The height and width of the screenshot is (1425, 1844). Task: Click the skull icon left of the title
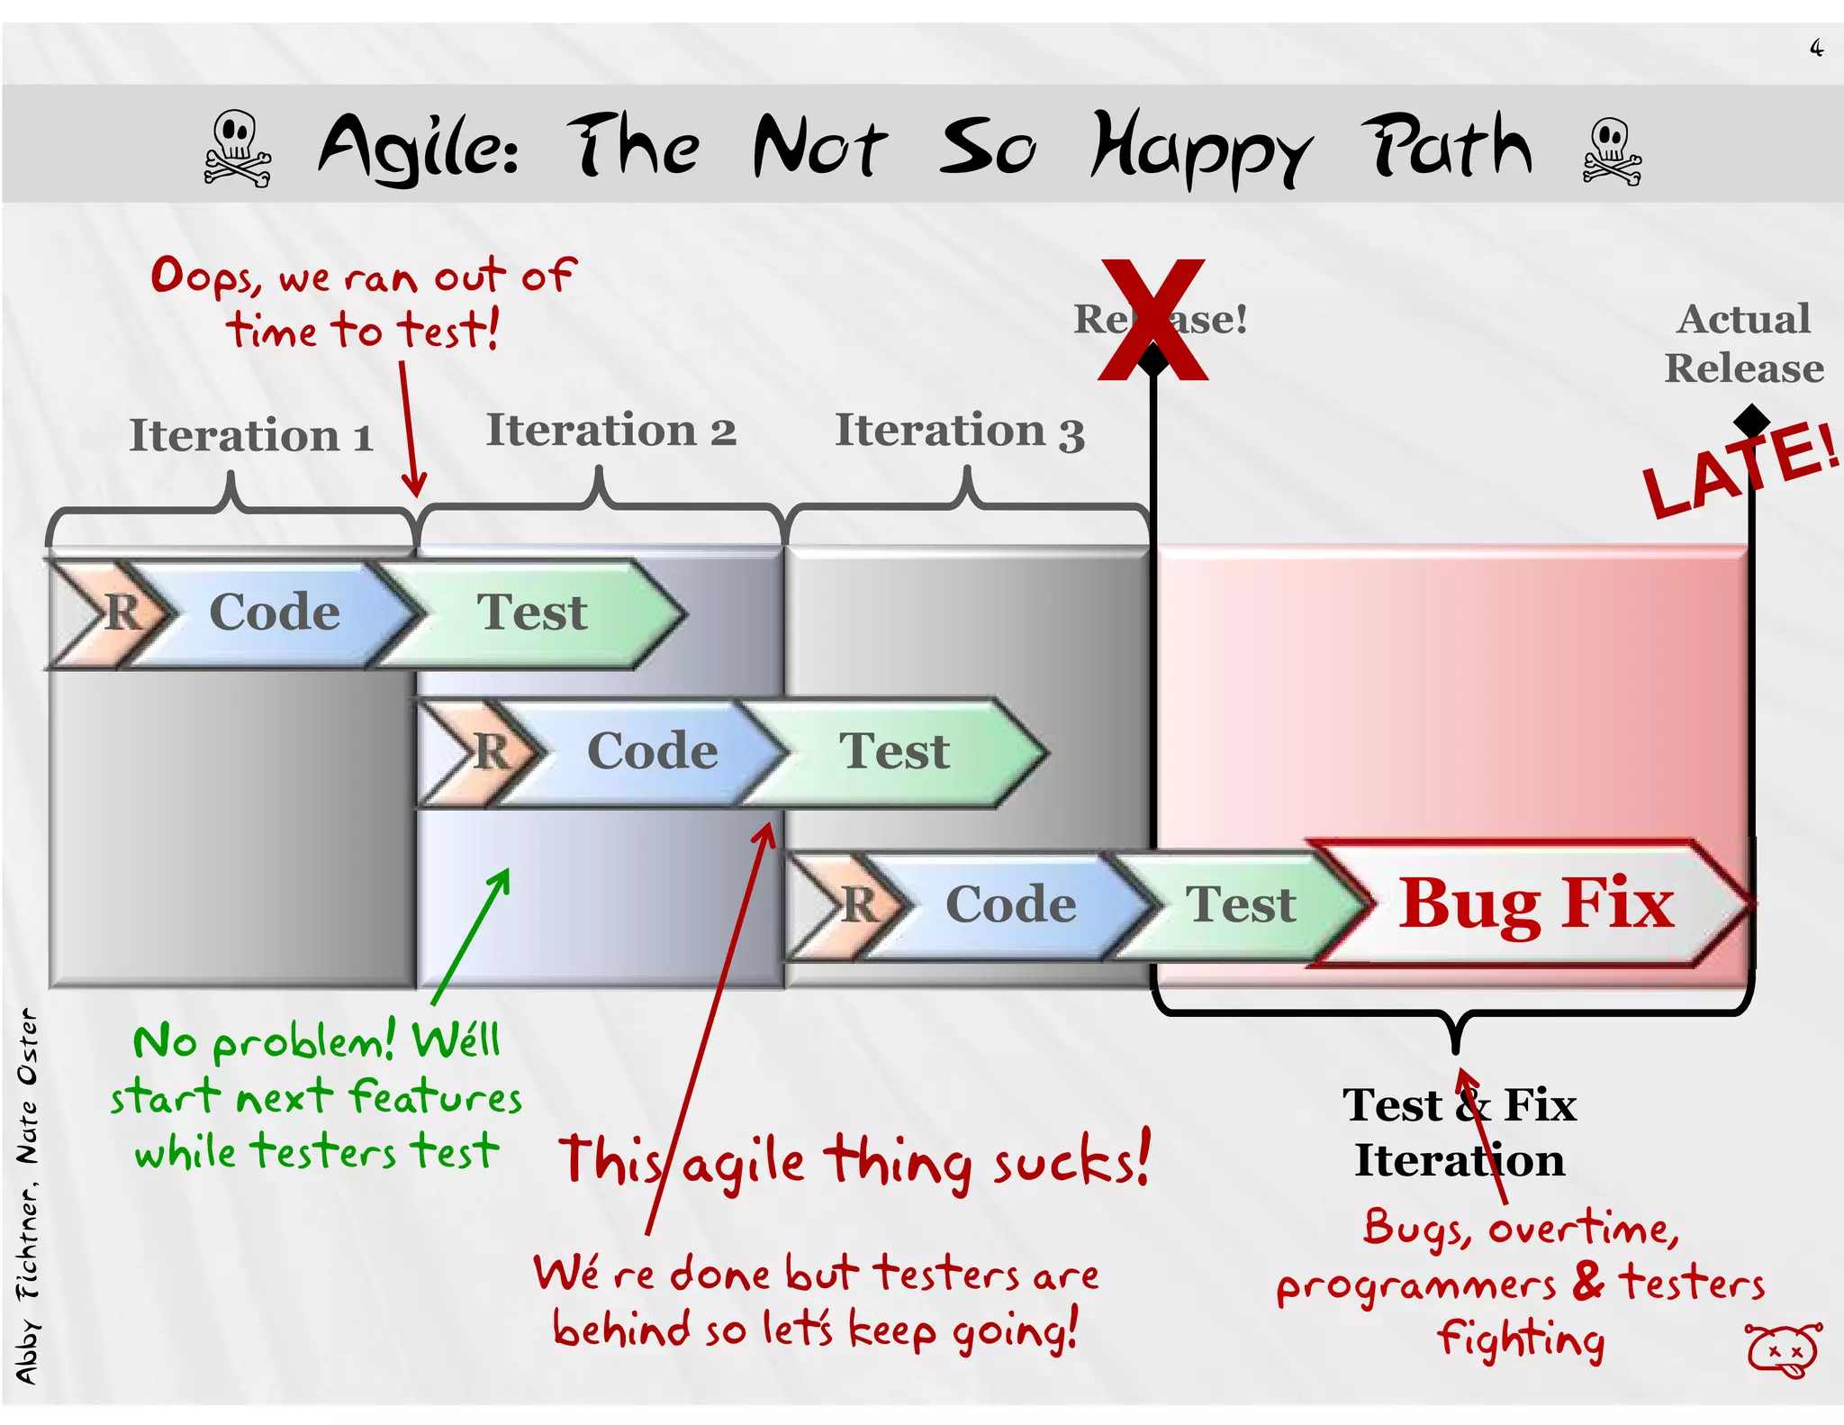(237, 149)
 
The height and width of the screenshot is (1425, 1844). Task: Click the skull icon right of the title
(1611, 151)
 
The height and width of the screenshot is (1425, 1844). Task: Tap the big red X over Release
(1152, 320)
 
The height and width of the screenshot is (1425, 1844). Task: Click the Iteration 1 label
(250, 436)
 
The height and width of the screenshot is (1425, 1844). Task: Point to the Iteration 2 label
(610, 430)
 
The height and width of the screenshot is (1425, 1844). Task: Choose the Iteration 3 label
(959, 431)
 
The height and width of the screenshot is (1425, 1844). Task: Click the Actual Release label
(1743, 343)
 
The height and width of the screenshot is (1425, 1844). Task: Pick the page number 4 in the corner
(1816, 48)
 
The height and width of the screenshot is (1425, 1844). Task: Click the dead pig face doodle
(1783, 1349)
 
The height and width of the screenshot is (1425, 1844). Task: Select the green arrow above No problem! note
(471, 937)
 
